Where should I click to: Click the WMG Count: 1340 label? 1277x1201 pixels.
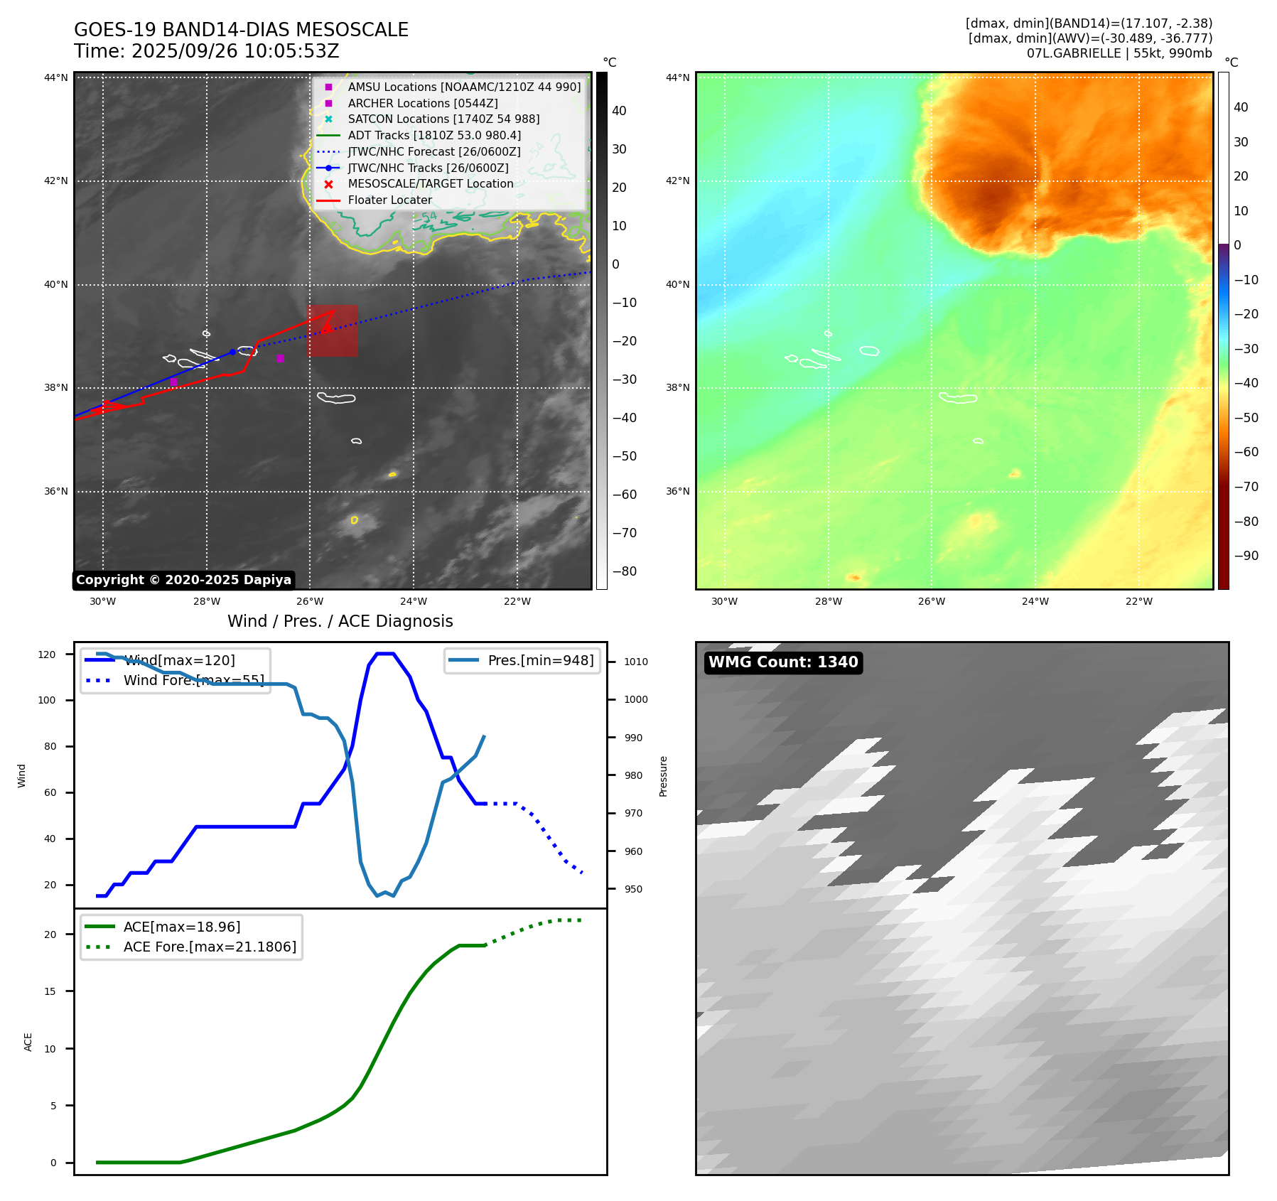click(x=783, y=662)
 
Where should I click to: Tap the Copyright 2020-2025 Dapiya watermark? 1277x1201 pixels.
click(x=183, y=580)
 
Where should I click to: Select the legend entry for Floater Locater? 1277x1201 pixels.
click(x=389, y=200)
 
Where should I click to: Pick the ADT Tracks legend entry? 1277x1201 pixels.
click(x=434, y=135)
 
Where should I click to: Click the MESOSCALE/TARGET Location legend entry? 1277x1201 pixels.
click(x=430, y=184)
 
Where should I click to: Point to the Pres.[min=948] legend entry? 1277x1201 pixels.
click(x=540, y=660)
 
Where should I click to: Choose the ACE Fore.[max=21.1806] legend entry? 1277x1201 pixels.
click(x=210, y=947)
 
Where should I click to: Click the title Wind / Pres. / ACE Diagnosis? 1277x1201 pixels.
click(x=340, y=621)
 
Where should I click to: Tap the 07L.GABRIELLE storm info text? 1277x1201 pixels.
click(x=1119, y=53)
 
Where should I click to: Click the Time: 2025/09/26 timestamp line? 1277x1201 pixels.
click(x=206, y=52)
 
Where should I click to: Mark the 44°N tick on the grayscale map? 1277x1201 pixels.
click(x=56, y=77)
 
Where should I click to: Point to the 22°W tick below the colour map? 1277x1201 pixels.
click(x=1138, y=601)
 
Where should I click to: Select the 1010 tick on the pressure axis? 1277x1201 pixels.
click(x=635, y=662)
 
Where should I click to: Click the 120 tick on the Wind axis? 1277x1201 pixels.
click(x=47, y=655)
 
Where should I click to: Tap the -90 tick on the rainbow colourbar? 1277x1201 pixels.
click(x=1246, y=556)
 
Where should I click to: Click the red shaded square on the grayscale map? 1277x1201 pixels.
click(x=332, y=330)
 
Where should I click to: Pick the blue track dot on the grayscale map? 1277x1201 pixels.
click(x=232, y=352)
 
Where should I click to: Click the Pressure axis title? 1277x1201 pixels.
click(x=663, y=776)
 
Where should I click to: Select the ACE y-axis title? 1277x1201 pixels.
click(x=28, y=1042)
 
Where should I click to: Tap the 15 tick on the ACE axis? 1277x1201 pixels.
click(x=50, y=991)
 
